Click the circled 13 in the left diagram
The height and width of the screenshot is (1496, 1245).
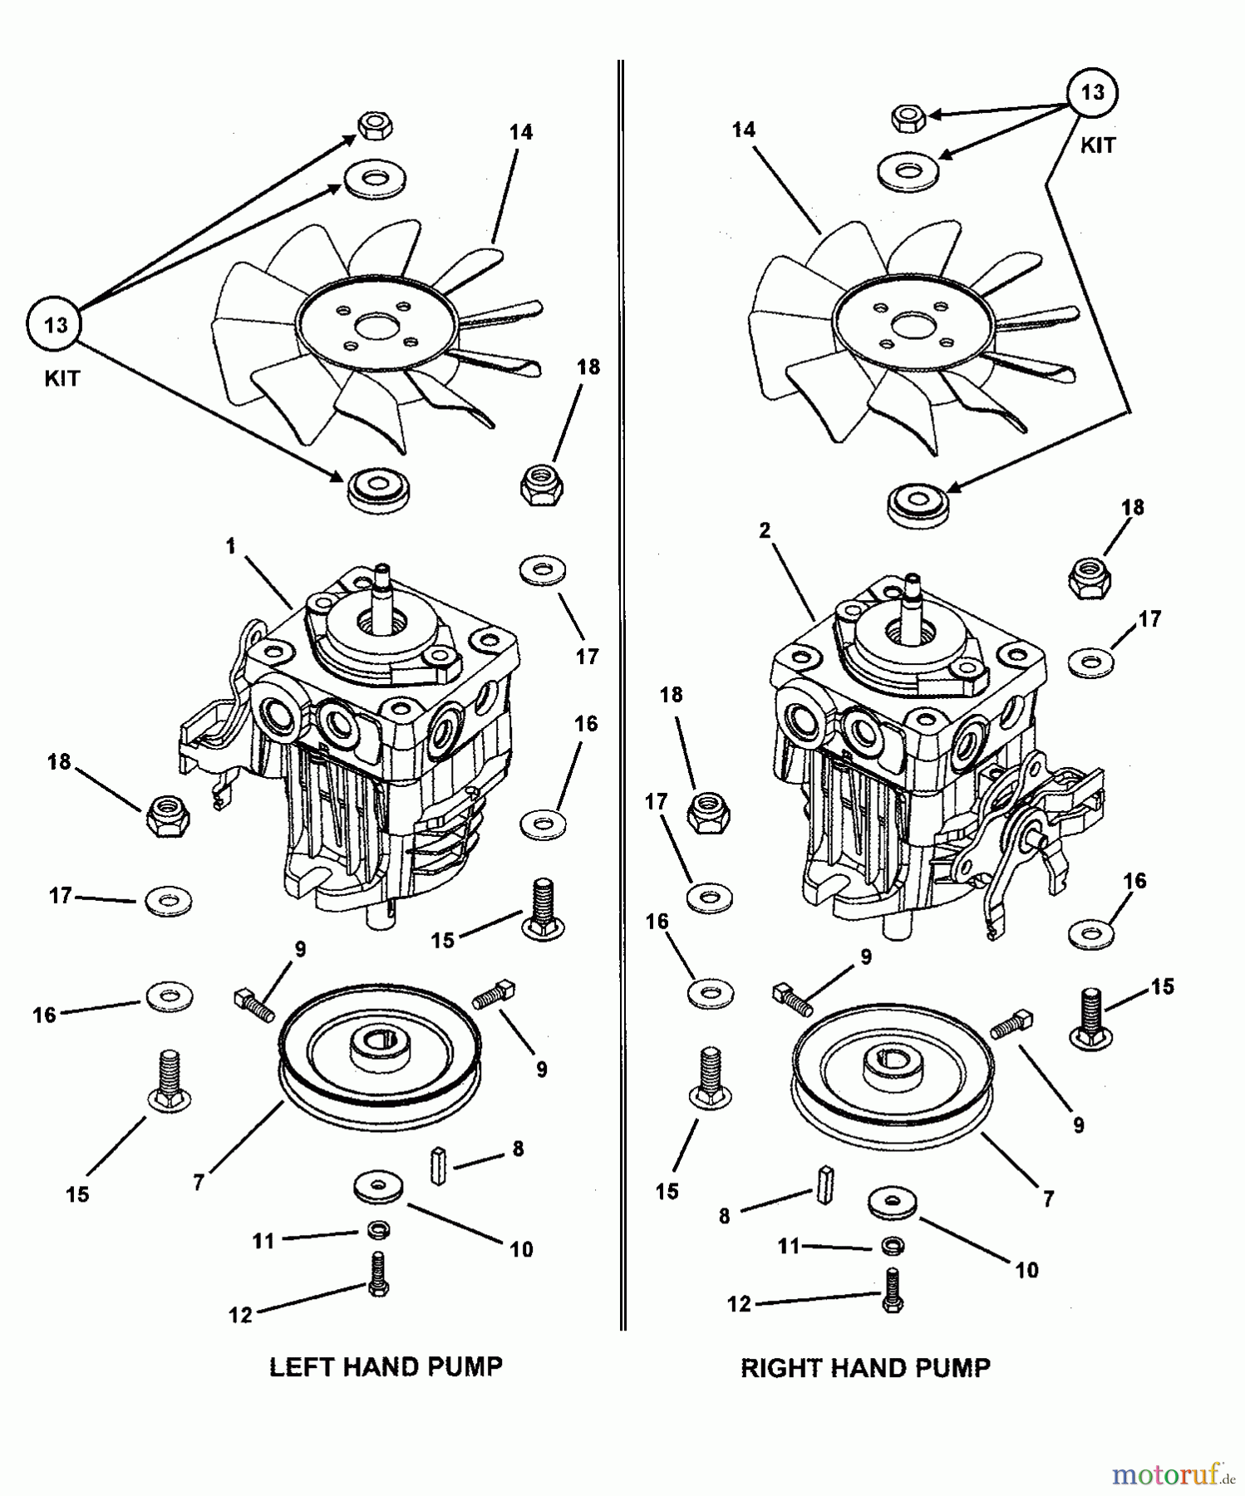tap(56, 324)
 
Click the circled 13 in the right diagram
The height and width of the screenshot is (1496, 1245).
tap(1092, 91)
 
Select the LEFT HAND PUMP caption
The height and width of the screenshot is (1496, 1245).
tap(386, 1366)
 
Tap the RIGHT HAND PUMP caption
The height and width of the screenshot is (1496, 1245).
tap(865, 1368)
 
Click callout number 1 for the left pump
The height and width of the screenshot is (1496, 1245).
tap(231, 546)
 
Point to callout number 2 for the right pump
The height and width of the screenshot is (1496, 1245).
tap(765, 530)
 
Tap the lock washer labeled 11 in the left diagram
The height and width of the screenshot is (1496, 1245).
tap(379, 1230)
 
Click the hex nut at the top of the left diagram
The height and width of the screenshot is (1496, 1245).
tap(376, 126)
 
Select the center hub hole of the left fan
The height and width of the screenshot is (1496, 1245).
tap(376, 324)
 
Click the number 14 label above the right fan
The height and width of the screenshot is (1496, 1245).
tap(744, 129)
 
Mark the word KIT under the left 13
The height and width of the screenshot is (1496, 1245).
tap(62, 378)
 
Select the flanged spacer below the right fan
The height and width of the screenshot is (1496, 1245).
tap(918, 504)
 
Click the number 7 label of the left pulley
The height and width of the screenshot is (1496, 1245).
tap(198, 1182)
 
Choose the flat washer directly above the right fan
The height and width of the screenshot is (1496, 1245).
tap(908, 170)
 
